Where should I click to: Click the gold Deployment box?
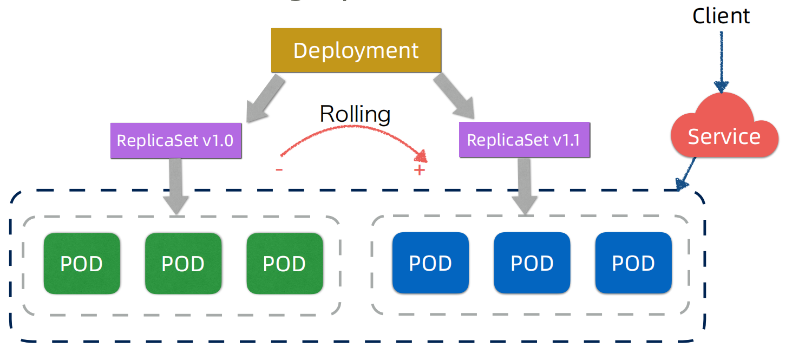pyautogui.click(x=356, y=50)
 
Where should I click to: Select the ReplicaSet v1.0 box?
pyautogui.click(x=175, y=140)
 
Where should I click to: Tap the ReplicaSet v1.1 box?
pyautogui.click(x=523, y=140)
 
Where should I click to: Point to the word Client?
pyautogui.click(x=721, y=16)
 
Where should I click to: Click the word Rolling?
pyautogui.click(x=355, y=114)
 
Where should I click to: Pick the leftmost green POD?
pyautogui.click(x=82, y=264)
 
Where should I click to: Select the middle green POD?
pyautogui.click(x=183, y=264)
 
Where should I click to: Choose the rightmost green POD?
pyautogui.click(x=284, y=264)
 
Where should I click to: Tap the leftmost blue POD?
pyautogui.click(x=430, y=263)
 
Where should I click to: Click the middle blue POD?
pyautogui.click(x=532, y=263)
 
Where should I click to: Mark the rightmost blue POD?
pyautogui.click(x=633, y=263)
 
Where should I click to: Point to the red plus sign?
pyautogui.click(x=420, y=171)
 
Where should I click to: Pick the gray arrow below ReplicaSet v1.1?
pyautogui.click(x=523, y=185)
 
